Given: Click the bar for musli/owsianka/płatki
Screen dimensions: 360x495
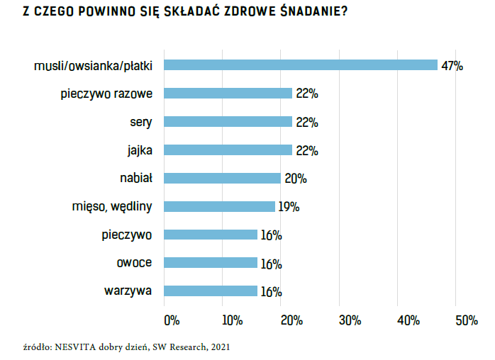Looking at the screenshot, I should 301,65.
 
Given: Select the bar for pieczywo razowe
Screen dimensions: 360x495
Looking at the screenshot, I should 228,94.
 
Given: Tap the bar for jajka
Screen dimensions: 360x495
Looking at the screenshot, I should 228,150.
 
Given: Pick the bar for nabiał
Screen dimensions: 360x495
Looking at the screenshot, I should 223,179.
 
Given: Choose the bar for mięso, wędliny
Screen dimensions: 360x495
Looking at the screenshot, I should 220,207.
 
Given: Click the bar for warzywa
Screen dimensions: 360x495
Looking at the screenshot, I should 211,291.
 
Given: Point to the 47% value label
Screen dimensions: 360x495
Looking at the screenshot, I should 452,66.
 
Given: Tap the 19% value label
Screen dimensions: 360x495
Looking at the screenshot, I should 289,208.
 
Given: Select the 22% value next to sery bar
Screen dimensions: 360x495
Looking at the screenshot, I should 306,123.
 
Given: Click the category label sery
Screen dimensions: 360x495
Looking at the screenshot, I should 142,122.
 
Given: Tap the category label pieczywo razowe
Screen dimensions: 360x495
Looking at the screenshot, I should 111,94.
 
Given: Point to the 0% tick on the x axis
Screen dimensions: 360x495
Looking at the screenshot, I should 172,320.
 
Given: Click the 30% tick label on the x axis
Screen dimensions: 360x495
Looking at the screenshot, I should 350,320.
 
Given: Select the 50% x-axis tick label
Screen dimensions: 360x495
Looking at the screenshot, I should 466,320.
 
